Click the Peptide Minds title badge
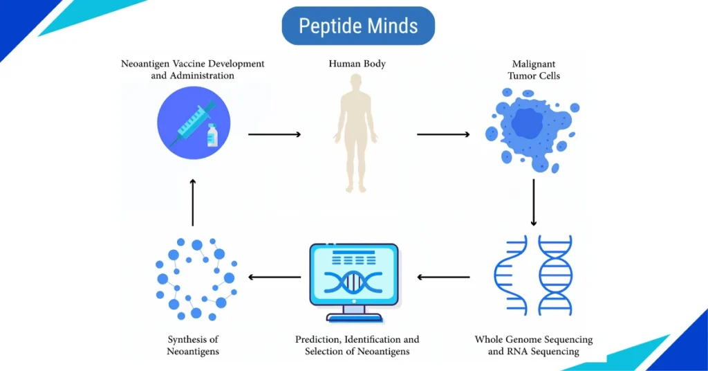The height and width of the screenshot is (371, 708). [x=358, y=26]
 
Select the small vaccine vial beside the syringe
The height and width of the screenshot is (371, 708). [x=212, y=136]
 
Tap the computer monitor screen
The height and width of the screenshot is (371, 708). [x=353, y=275]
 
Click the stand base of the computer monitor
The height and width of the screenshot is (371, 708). [x=353, y=318]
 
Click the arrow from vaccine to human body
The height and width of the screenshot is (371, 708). [x=274, y=134]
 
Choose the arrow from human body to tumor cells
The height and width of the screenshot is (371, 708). [x=443, y=134]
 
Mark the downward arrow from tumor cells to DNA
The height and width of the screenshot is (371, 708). [x=533, y=202]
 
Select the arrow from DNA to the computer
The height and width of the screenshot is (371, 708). [x=444, y=278]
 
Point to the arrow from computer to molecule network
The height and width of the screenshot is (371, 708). [x=274, y=278]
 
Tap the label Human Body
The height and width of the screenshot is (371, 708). [x=357, y=64]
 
